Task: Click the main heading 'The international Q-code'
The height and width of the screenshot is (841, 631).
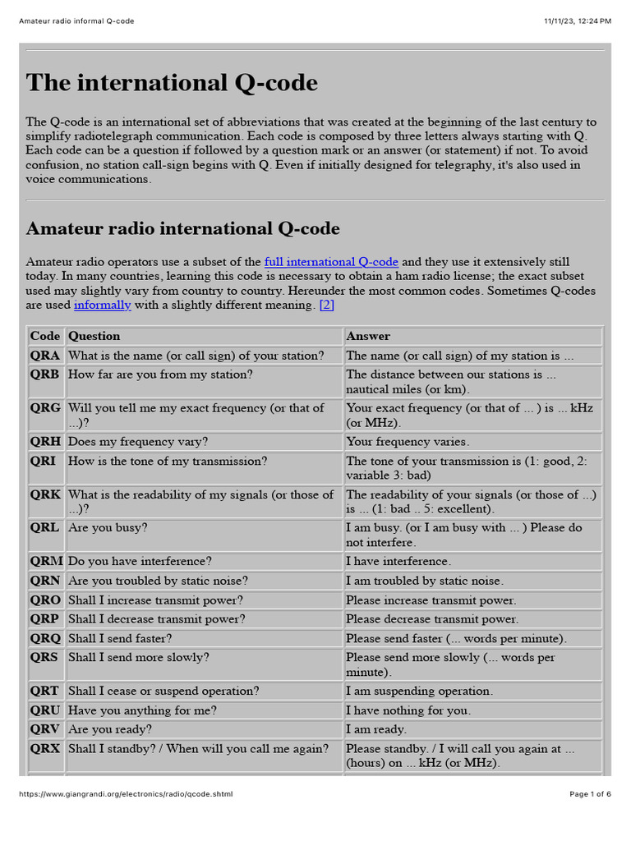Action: [x=172, y=83]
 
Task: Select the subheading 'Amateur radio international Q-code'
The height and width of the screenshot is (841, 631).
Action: [x=182, y=228]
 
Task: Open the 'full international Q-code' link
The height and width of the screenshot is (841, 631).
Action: [x=331, y=262]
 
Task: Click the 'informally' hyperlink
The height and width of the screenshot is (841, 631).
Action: [x=102, y=306]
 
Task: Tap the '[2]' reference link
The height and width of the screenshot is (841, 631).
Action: [x=326, y=306]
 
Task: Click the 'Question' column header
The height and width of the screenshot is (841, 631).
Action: [x=94, y=336]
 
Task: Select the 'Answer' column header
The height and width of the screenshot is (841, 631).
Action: [x=368, y=336]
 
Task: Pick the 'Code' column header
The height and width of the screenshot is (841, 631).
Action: [x=45, y=336]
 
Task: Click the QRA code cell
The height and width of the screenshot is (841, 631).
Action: [x=45, y=356]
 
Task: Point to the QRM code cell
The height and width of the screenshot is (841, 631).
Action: [x=46, y=562]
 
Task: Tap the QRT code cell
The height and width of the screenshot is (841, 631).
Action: [x=44, y=692]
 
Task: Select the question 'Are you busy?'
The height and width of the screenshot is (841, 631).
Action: [x=108, y=528]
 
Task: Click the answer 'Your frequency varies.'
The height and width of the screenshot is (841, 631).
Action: [x=408, y=442]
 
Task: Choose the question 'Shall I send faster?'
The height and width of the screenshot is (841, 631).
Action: [x=121, y=639]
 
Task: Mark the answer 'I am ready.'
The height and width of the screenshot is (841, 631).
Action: [x=375, y=729]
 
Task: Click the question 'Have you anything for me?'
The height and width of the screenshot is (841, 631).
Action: [x=142, y=710]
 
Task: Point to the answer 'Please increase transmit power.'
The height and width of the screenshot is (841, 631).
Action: [x=431, y=600]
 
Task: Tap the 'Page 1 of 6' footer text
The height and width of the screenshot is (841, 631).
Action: [x=590, y=794]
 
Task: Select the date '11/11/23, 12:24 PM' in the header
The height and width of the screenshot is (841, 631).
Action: [x=578, y=21]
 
